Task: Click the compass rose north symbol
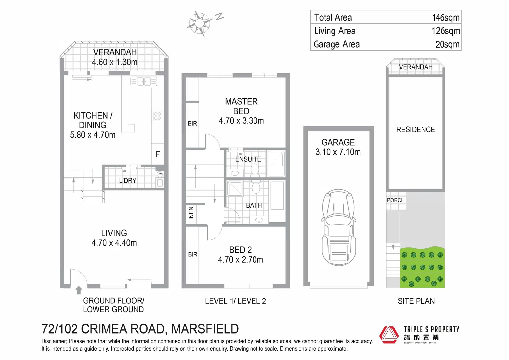coord(199,23)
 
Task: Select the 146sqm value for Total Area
coord(445,17)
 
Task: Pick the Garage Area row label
coord(336,44)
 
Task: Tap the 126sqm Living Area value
coord(445,31)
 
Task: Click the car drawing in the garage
coord(338,227)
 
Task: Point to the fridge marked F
coord(158,154)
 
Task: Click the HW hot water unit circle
coord(160,174)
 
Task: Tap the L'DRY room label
coord(128,181)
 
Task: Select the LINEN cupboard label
coord(191,214)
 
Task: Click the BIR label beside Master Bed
coord(192,124)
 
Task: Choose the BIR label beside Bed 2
coord(193,255)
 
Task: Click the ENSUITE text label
coord(248,159)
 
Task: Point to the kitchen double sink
coord(143,81)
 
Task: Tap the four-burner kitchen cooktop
coord(158,116)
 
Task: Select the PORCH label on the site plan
coord(396,200)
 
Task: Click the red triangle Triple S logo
coord(389,335)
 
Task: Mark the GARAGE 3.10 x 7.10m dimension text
coord(338,152)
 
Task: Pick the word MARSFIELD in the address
coord(205,329)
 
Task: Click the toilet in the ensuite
coord(255,169)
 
